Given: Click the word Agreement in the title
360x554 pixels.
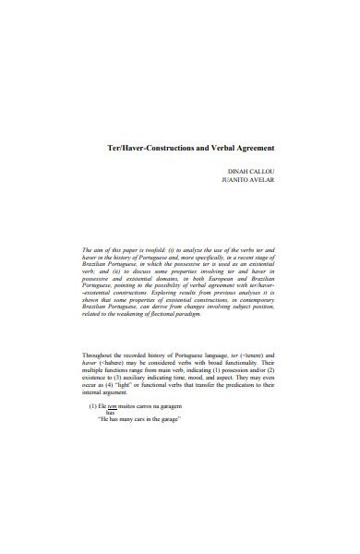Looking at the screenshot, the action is point(249,148).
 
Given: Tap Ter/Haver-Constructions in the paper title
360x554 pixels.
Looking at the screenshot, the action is point(150,148).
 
